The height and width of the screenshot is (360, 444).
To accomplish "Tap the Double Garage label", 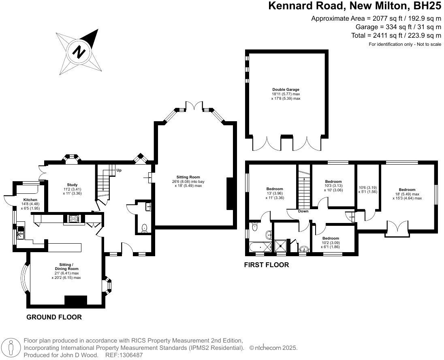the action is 286,90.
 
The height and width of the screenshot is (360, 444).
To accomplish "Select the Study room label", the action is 72,185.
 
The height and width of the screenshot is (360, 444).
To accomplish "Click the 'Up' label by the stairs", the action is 119,170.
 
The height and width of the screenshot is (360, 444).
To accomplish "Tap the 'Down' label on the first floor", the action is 303,211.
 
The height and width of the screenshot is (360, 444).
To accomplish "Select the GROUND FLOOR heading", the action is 54,317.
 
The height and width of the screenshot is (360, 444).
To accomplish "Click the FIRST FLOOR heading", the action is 266,265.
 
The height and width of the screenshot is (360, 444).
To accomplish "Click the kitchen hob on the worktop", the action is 74,219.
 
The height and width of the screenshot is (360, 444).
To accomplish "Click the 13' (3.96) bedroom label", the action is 275,189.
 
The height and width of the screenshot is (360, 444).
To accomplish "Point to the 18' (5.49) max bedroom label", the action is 407,190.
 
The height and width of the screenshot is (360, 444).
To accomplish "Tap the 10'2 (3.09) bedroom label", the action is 331,238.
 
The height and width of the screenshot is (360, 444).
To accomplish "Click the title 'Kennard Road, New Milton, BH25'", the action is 355,6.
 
